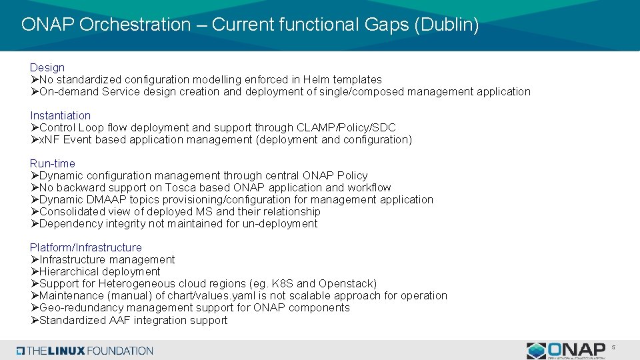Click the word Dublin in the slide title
[450, 25]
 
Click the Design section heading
[47, 67]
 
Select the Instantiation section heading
[60, 115]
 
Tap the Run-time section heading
[53, 163]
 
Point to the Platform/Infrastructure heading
[86, 247]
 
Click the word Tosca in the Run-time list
[180, 187]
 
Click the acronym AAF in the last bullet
[112, 320]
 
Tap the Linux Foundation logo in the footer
[85, 351]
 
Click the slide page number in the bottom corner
[614, 347]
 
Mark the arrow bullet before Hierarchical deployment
[34, 271]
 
